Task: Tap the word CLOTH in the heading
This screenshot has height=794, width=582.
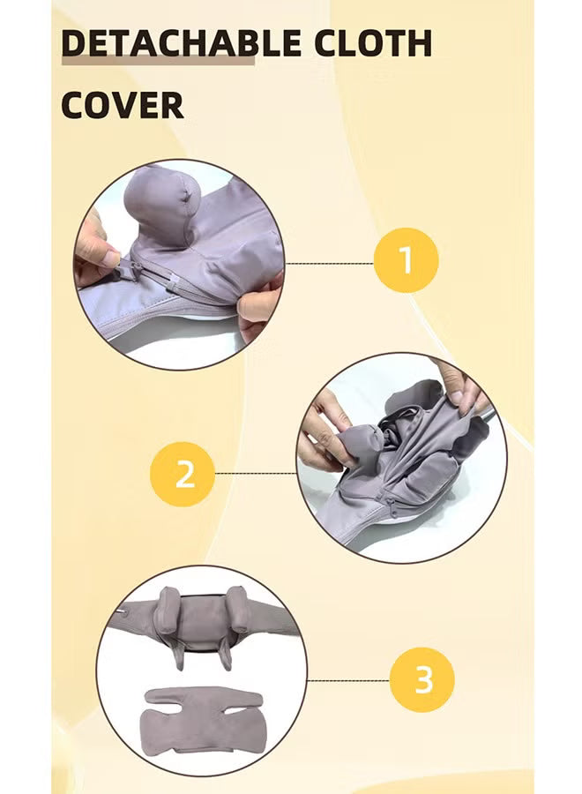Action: [375, 43]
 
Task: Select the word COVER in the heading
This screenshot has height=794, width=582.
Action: [122, 105]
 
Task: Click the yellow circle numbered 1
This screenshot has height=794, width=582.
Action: [406, 262]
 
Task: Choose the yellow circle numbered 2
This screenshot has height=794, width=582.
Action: [183, 474]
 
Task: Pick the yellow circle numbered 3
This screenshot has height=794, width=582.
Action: [423, 680]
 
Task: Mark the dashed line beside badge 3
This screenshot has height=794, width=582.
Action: [347, 680]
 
